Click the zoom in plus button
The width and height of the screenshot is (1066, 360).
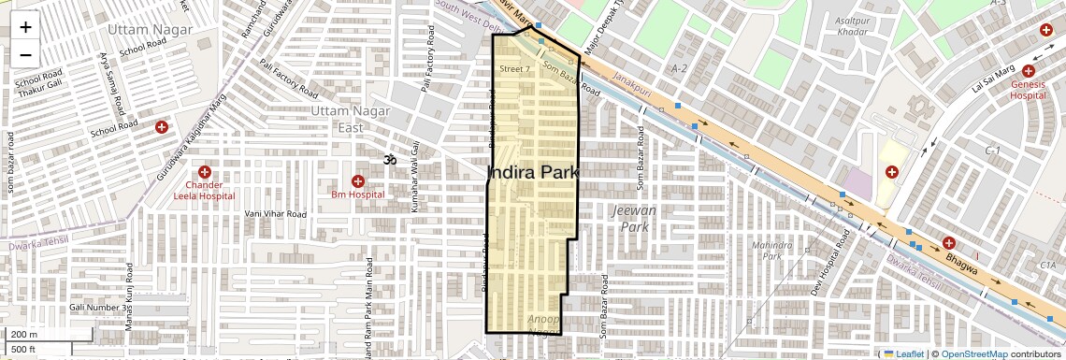pos(25,27)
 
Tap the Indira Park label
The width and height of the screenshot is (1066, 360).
pos(534,173)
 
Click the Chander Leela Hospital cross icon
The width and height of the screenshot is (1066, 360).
pos(204,172)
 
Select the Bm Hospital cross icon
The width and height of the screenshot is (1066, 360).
pos(357,180)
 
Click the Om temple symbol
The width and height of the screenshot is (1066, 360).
pos(390,161)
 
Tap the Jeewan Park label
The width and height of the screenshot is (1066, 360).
pos(632,219)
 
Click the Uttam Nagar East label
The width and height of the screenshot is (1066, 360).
pos(338,120)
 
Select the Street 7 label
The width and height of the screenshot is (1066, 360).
pos(514,69)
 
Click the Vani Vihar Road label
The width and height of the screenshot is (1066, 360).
pos(276,214)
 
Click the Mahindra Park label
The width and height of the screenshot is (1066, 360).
pos(771,251)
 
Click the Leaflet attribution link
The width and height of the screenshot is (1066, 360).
pos(903,353)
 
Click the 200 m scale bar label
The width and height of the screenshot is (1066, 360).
pos(24,335)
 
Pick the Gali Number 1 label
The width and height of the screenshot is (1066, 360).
pos(95,307)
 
